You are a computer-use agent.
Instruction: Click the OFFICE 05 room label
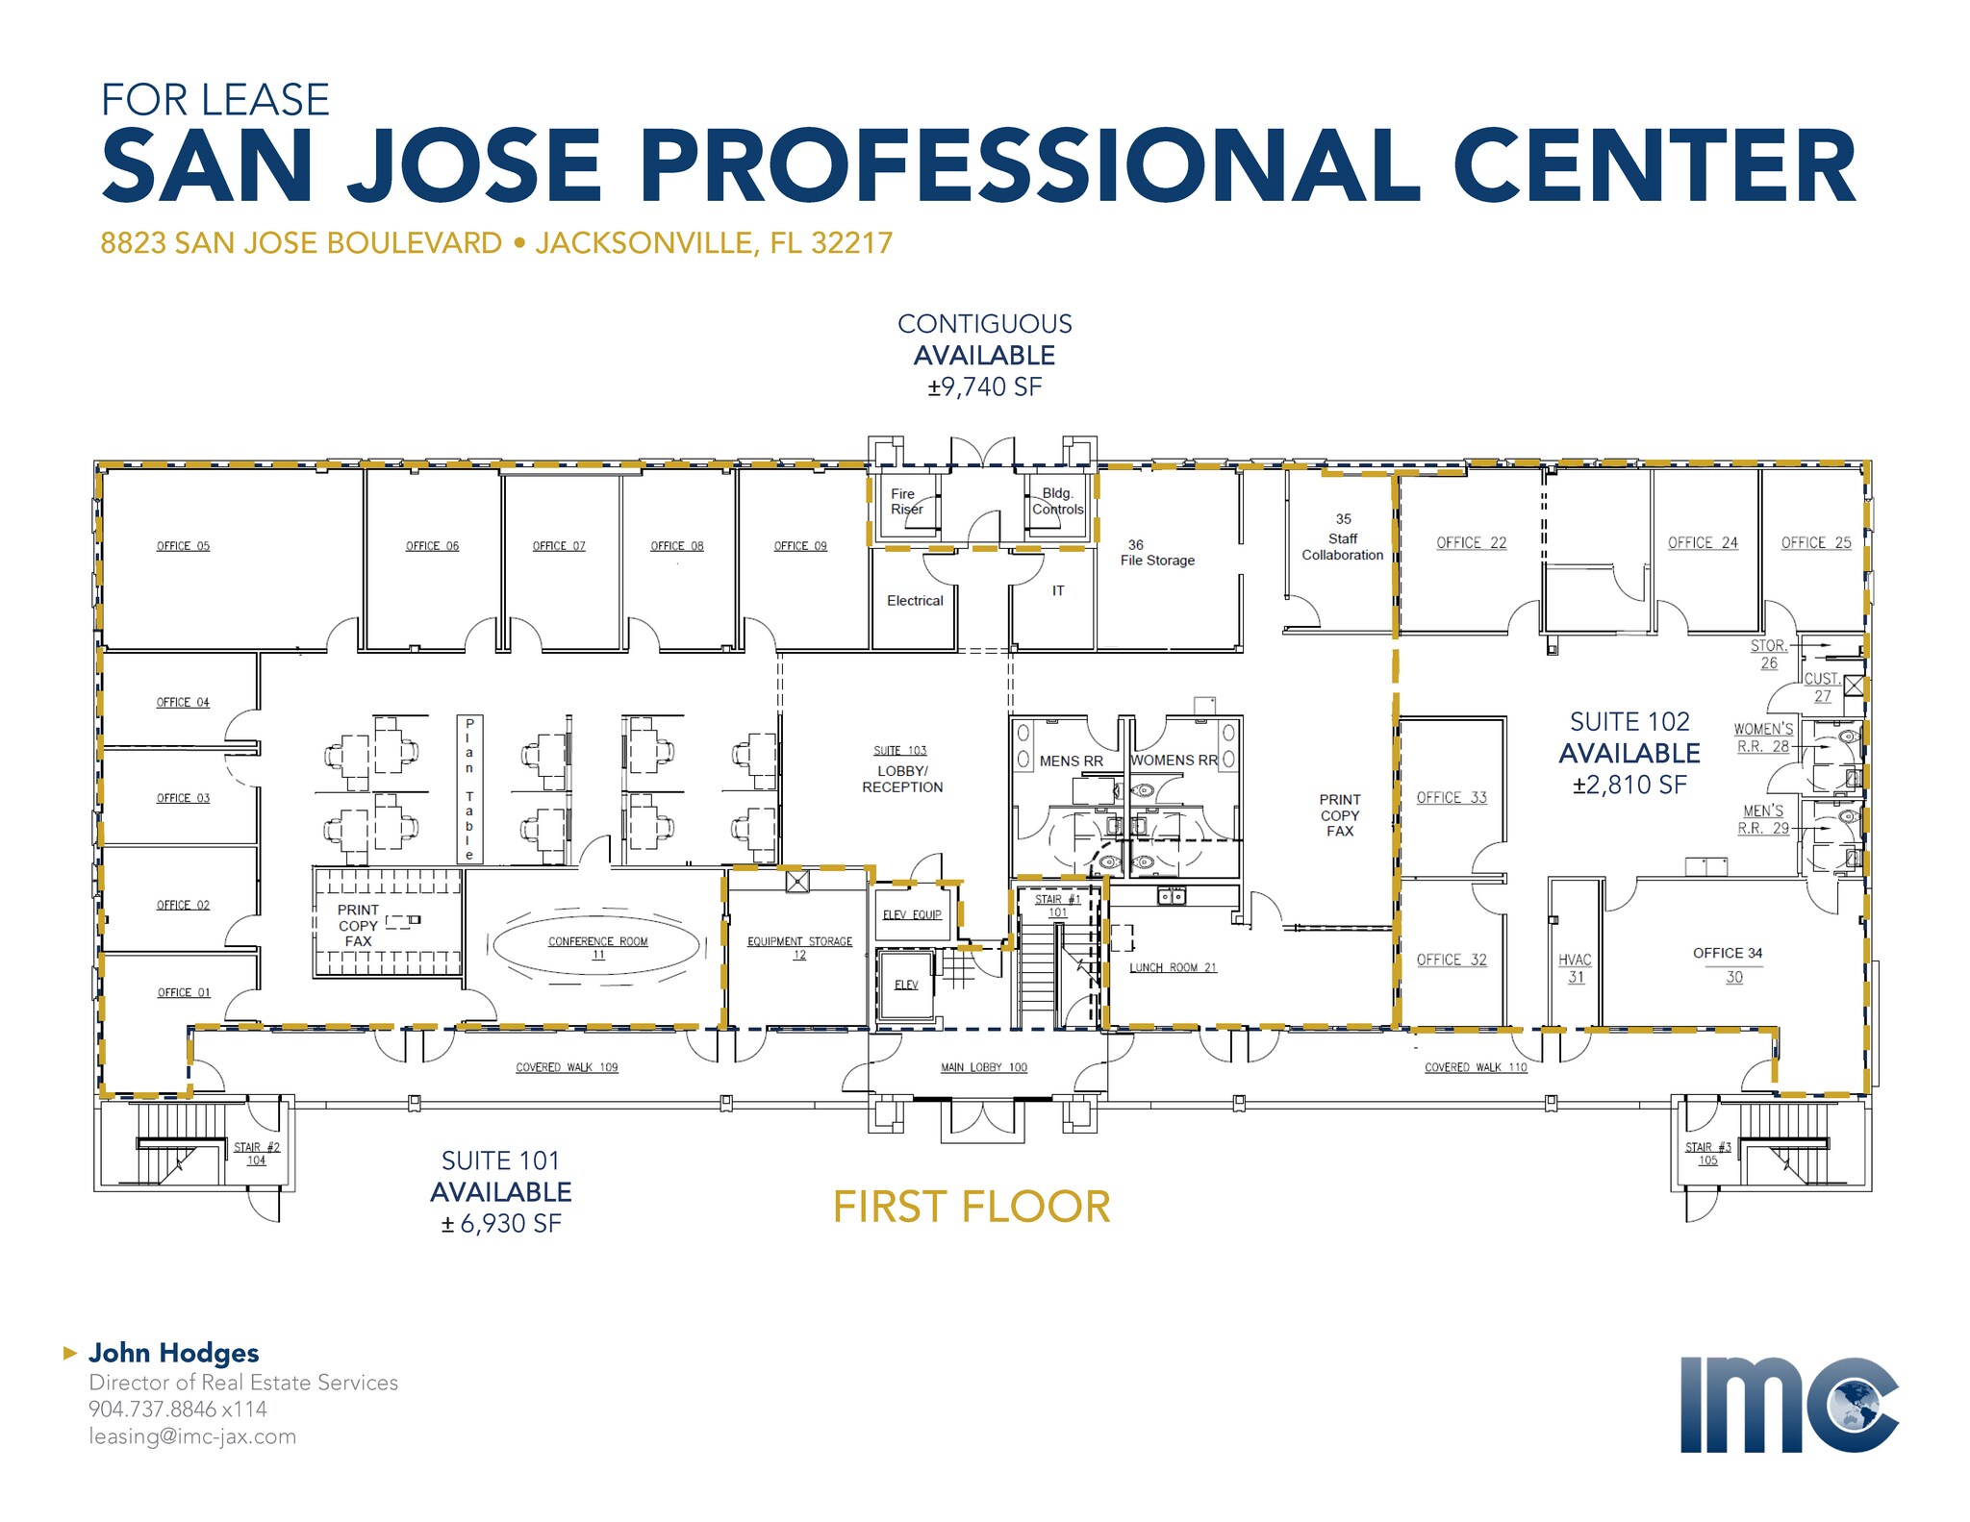pos(183,546)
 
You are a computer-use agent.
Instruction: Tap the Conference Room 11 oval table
pos(597,944)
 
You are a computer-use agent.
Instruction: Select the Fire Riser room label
pos(906,502)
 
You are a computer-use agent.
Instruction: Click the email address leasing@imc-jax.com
pos(192,1436)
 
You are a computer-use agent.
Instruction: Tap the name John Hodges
pos(174,1353)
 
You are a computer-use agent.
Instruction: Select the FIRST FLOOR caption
pos(972,1207)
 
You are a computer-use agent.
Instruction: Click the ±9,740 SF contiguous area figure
pos(985,387)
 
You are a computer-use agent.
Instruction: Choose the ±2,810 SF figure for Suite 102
pos(1629,785)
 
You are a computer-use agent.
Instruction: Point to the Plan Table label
pos(469,788)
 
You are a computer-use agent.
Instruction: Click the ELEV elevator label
pos(906,985)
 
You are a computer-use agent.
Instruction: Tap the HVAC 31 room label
pos(1575,968)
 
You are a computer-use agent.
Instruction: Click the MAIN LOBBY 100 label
pos(983,1067)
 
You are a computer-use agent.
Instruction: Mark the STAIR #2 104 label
pos(257,1154)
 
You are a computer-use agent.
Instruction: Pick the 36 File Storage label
pos(1157,553)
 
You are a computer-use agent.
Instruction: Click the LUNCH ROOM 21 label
pos(1173,967)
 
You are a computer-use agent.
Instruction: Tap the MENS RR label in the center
pos(1071,761)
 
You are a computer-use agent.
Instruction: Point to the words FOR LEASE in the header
pos(215,100)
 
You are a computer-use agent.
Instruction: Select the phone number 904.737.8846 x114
pos(178,1410)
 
